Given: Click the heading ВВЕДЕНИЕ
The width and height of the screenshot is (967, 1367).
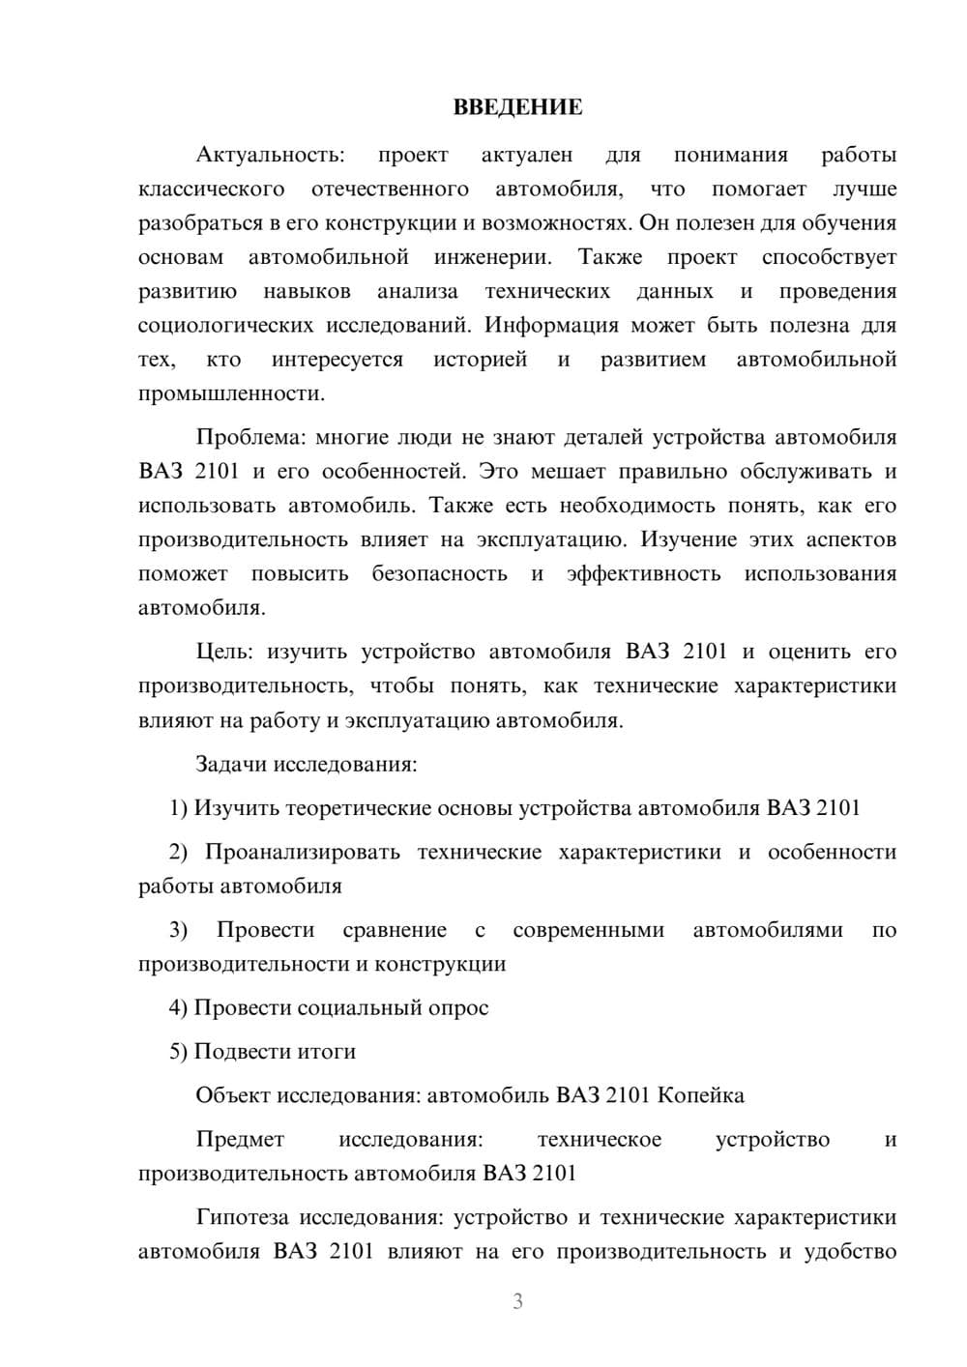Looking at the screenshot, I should [x=517, y=107].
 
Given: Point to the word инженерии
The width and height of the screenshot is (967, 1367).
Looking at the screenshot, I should [x=492, y=257].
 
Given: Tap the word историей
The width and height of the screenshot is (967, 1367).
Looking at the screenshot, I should [x=480, y=360].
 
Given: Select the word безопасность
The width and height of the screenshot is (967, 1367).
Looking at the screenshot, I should [x=439, y=573].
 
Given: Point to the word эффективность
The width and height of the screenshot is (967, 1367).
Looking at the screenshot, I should [x=643, y=573].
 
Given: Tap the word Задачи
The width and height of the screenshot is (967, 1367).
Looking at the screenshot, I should [x=231, y=764].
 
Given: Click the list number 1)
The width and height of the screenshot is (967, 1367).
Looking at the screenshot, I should [x=178, y=808].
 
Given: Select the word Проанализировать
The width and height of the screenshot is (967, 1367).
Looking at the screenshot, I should [x=302, y=852].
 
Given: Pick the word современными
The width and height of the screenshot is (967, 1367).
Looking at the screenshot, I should [x=588, y=930].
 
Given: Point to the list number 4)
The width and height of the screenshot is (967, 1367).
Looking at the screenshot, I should [x=178, y=1007].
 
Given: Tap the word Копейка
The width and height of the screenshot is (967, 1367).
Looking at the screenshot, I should [x=700, y=1095].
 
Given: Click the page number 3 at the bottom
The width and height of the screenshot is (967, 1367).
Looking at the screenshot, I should [x=517, y=1301].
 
